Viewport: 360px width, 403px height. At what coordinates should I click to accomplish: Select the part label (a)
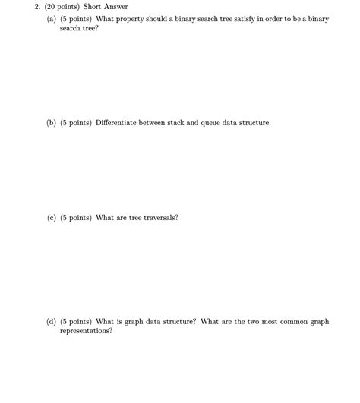[51, 19]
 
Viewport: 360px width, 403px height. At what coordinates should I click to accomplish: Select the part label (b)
[51, 122]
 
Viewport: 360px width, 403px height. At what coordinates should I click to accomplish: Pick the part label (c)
[51, 218]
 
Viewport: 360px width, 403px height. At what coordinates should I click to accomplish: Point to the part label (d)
[51, 322]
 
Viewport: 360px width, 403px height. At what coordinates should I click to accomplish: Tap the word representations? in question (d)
[86, 332]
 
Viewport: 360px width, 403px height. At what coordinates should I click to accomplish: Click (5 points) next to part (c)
[76, 218]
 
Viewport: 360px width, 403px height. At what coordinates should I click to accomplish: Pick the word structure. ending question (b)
[254, 122]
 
